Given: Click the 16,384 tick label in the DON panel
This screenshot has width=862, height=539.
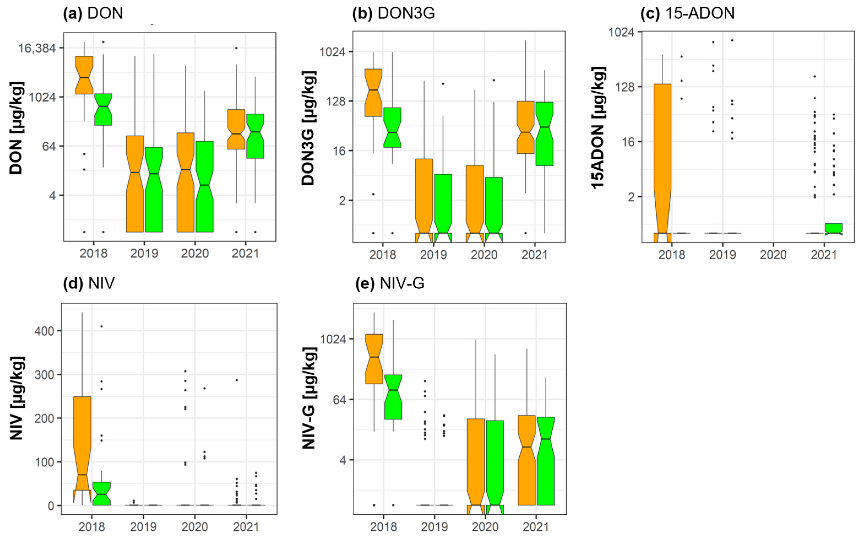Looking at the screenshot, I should pyautogui.click(x=37, y=48).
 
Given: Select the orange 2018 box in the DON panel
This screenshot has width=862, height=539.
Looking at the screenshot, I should pyautogui.click(x=84, y=75).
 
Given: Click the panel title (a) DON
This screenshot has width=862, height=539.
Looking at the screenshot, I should pyautogui.click(x=93, y=13).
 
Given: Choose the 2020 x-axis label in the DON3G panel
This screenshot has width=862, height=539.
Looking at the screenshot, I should pyautogui.click(x=484, y=255).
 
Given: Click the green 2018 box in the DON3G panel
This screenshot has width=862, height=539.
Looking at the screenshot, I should pyautogui.click(x=392, y=127).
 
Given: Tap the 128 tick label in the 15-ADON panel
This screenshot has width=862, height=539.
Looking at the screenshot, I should pyautogui.click(x=625, y=87).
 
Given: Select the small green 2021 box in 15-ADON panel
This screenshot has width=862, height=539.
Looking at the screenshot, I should pyautogui.click(x=833, y=228).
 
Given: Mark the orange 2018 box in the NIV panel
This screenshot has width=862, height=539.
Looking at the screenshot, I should pyautogui.click(x=82, y=442).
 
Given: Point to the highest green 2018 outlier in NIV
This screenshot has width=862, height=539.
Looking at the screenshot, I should pyautogui.click(x=101, y=326).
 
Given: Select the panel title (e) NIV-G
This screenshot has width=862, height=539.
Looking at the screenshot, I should pyautogui.click(x=390, y=283).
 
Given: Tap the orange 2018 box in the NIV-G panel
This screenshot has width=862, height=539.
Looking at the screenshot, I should pyautogui.click(x=374, y=359).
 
